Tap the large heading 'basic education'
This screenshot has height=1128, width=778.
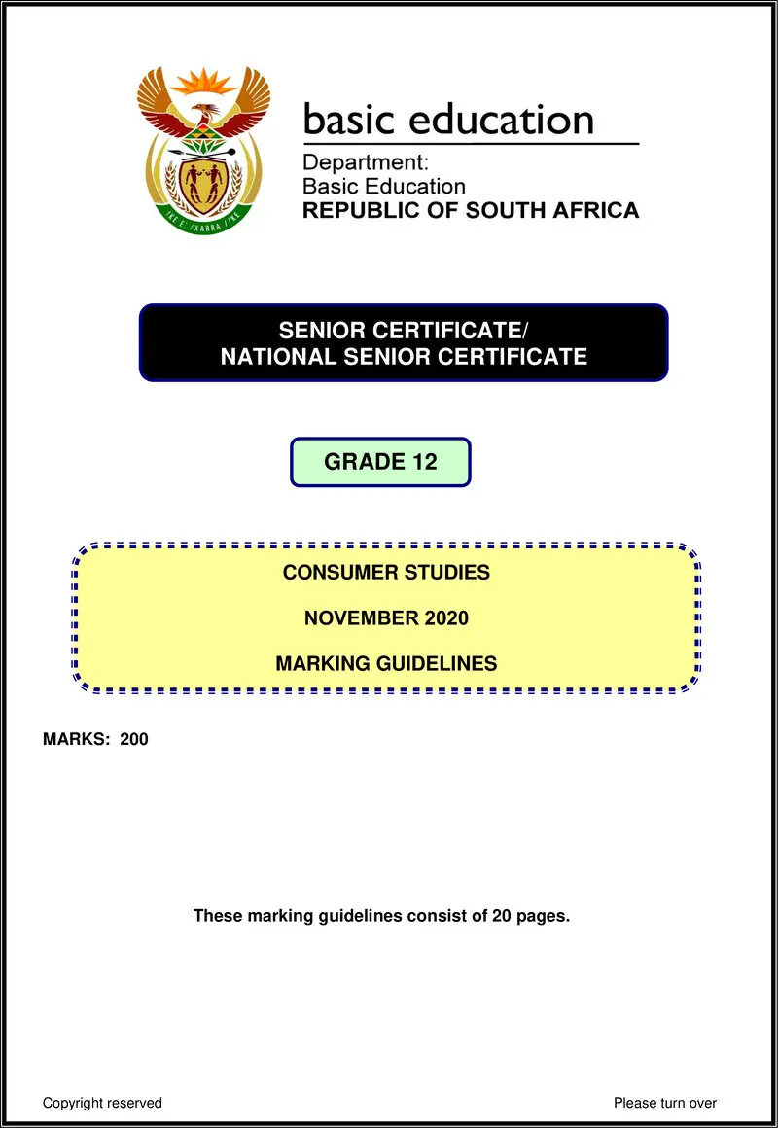[x=448, y=120]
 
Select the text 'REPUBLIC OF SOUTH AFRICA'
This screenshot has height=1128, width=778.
[x=471, y=210]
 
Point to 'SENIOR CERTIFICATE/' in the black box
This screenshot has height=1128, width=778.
[x=404, y=332]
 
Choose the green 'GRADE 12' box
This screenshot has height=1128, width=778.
[x=380, y=462]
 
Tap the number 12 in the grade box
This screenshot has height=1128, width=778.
[x=424, y=462]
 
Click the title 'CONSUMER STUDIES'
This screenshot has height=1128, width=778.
[x=386, y=572]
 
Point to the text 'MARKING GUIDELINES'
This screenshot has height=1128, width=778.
[x=386, y=664]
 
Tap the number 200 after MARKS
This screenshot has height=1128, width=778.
[x=134, y=739]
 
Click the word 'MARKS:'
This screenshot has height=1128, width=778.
[x=77, y=739]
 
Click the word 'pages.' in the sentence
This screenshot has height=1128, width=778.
[x=544, y=916]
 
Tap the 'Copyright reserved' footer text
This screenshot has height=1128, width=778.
[x=102, y=1103]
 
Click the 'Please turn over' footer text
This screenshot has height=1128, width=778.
[x=665, y=1103]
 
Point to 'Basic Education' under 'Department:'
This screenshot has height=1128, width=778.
[x=384, y=186]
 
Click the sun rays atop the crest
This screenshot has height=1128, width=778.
[x=204, y=80]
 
